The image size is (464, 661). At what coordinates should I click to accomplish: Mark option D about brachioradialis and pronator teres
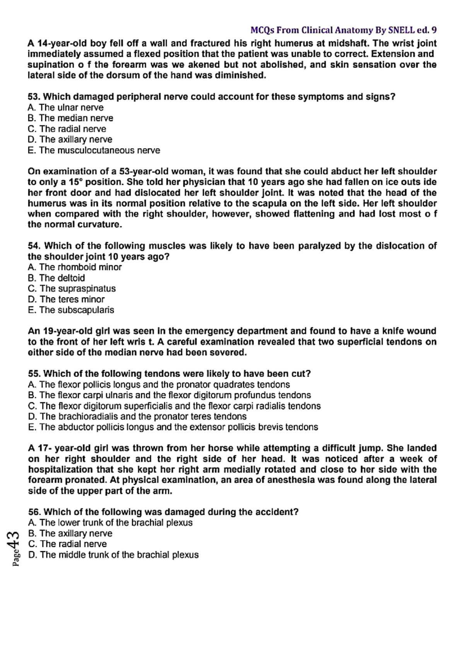pos(137,417)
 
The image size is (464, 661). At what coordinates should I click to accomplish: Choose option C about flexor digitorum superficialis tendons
pos(174,406)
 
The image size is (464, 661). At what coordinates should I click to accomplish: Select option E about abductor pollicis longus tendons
pos(173,427)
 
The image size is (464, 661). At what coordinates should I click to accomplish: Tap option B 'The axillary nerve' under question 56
pos(70,533)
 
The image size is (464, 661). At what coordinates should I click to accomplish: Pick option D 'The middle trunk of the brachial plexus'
pos(114,555)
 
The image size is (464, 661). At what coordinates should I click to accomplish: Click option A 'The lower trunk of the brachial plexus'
pos(111,523)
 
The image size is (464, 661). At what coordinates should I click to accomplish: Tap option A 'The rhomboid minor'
pos(75,267)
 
